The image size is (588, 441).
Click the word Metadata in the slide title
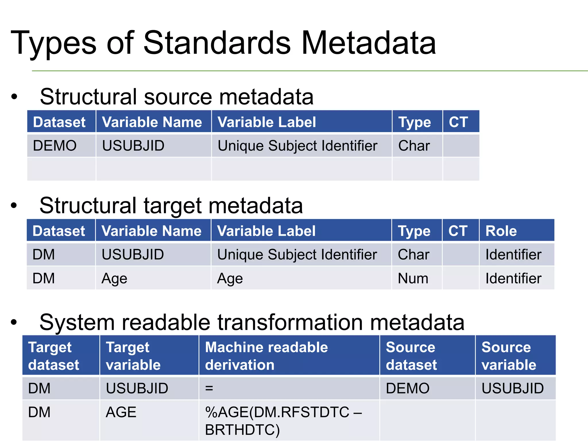pyautogui.click(x=369, y=43)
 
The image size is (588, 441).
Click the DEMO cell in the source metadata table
pyautogui.click(x=55, y=146)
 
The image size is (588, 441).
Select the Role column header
pyautogui.click(x=501, y=231)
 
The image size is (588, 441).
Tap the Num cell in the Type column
pyautogui.click(x=413, y=278)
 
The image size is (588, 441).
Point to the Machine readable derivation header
pyautogui.click(x=266, y=356)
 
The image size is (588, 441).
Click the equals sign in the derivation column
pyautogui.click(x=209, y=388)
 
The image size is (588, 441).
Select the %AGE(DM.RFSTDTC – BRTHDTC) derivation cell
pyautogui.click(x=283, y=421)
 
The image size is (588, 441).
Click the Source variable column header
pyautogui.click(x=508, y=356)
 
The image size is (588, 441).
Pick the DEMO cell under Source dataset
pyautogui.click(x=407, y=388)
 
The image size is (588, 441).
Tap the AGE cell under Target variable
pyautogui.click(x=121, y=412)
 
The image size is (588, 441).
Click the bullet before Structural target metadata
pyautogui.click(x=14, y=206)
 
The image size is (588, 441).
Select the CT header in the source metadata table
pyautogui.click(x=458, y=122)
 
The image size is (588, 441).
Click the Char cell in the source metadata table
pyautogui.click(x=414, y=146)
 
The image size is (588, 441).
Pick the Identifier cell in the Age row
pyautogui.click(x=513, y=278)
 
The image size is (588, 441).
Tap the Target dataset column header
pyautogui.click(x=53, y=356)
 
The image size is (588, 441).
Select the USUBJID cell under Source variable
pyautogui.click(x=512, y=388)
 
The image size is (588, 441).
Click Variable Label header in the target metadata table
pyautogui.click(x=266, y=231)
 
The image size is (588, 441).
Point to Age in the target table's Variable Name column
pyautogui.click(x=114, y=278)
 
